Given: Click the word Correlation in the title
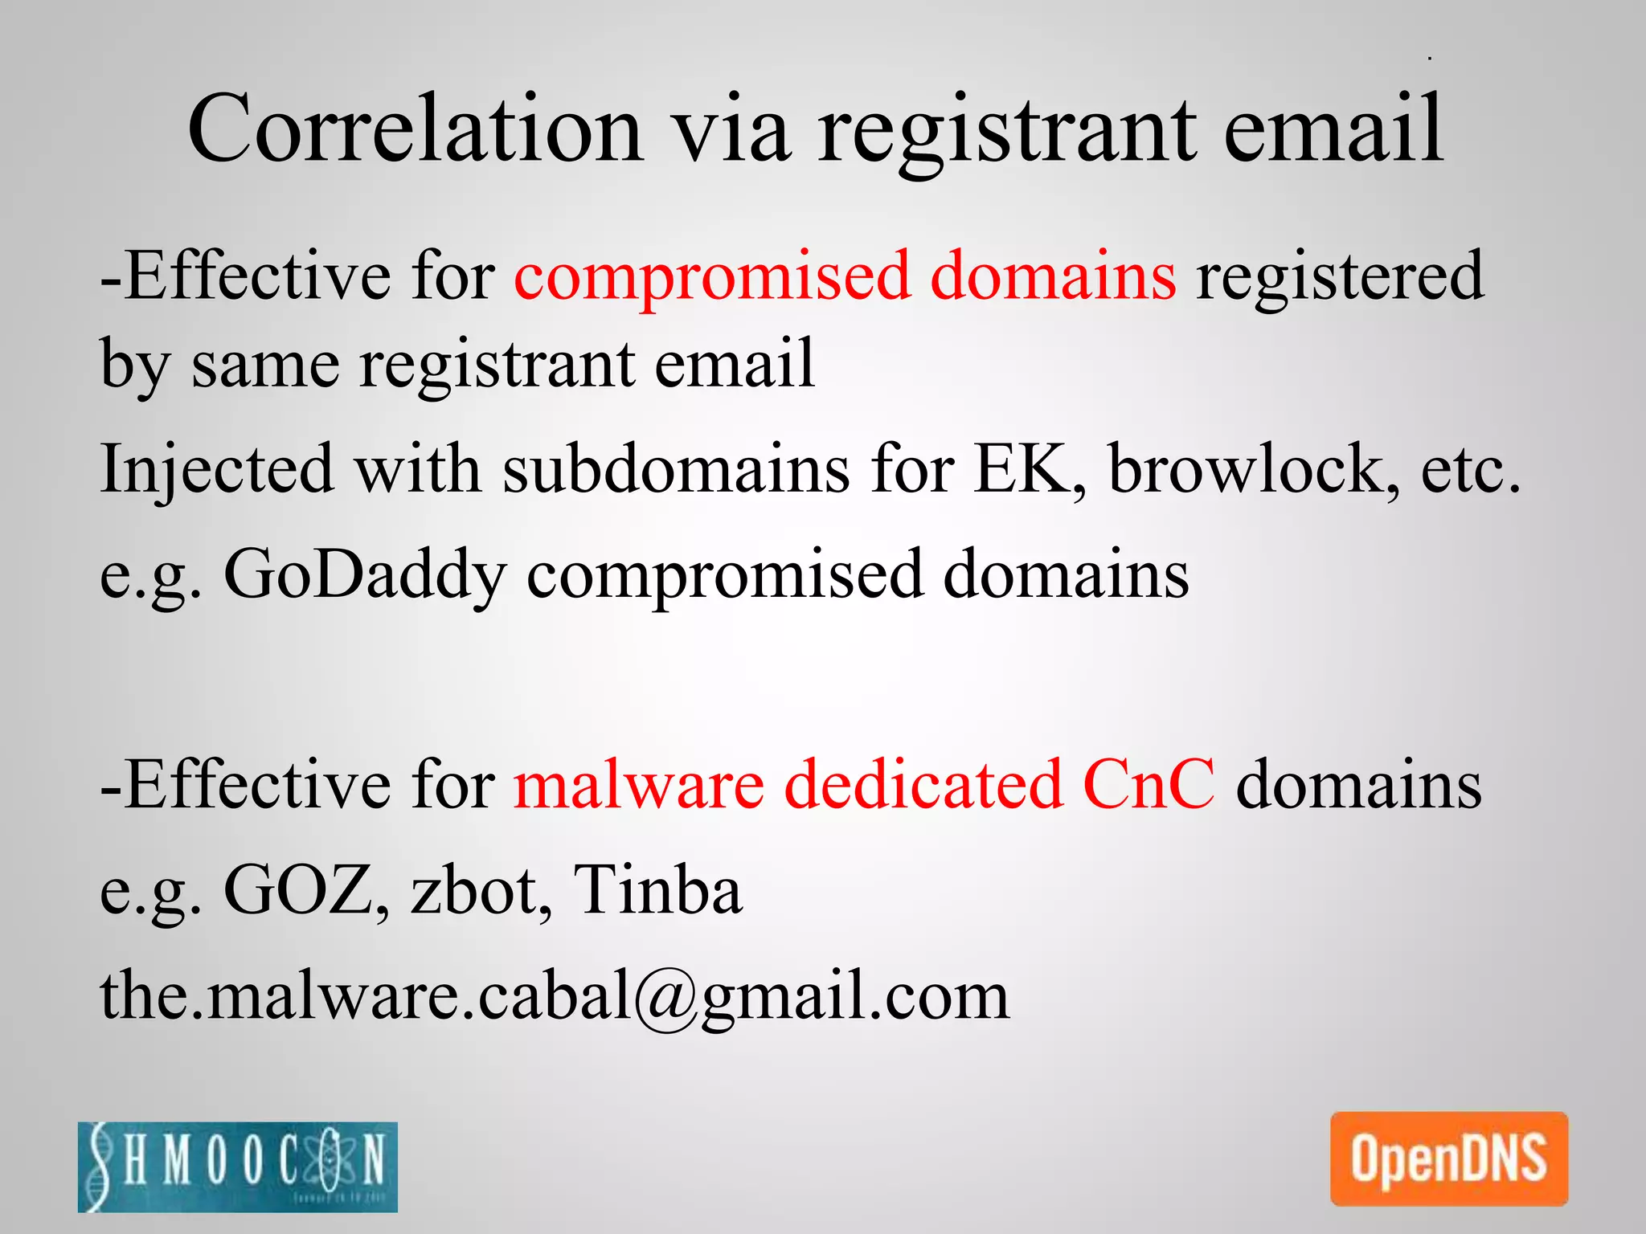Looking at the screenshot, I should click(415, 129).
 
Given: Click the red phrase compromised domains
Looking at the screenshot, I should click(845, 276).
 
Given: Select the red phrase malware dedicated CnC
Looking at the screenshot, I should click(864, 784).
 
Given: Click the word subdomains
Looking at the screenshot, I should click(676, 468).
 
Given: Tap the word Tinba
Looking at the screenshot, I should click(657, 889).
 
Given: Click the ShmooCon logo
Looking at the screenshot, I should click(238, 1166).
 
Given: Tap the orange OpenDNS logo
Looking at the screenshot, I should click(1448, 1158).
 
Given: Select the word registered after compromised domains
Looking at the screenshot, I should click(1339, 276).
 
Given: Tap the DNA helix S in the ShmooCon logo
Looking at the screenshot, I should click(100, 1167).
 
